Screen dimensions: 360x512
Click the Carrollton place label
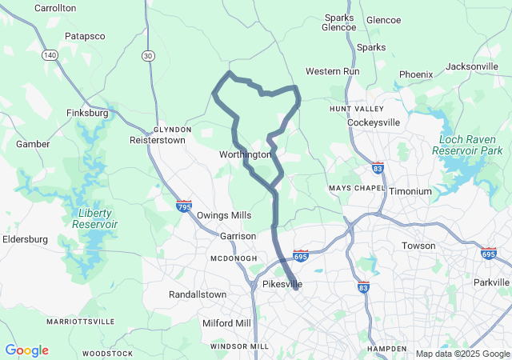pos(55,8)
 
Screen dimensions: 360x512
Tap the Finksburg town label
pos(87,114)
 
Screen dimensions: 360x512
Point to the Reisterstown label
pos(157,140)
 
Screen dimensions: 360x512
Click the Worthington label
pos(245,154)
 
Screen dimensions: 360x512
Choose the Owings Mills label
pos(224,215)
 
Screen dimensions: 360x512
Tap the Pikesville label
pos(282,284)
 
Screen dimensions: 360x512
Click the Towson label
pos(418,246)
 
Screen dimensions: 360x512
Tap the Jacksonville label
pos(471,66)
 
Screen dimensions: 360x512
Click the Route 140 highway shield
pos(50,55)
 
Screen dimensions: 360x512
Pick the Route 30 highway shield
pos(148,55)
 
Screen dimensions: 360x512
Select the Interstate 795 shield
pos(184,206)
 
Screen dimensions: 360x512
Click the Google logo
pos(26,350)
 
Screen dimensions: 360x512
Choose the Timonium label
pos(410,192)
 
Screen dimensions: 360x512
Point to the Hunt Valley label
pos(350,108)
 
